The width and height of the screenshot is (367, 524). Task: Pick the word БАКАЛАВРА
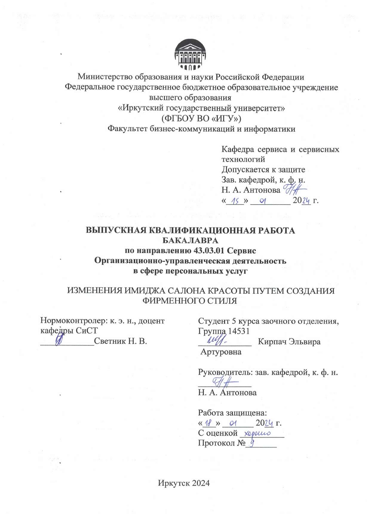point(190,240)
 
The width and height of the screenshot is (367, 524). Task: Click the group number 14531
point(239,331)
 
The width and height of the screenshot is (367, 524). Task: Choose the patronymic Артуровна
point(221,352)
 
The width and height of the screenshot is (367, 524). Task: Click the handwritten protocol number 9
point(252,443)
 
